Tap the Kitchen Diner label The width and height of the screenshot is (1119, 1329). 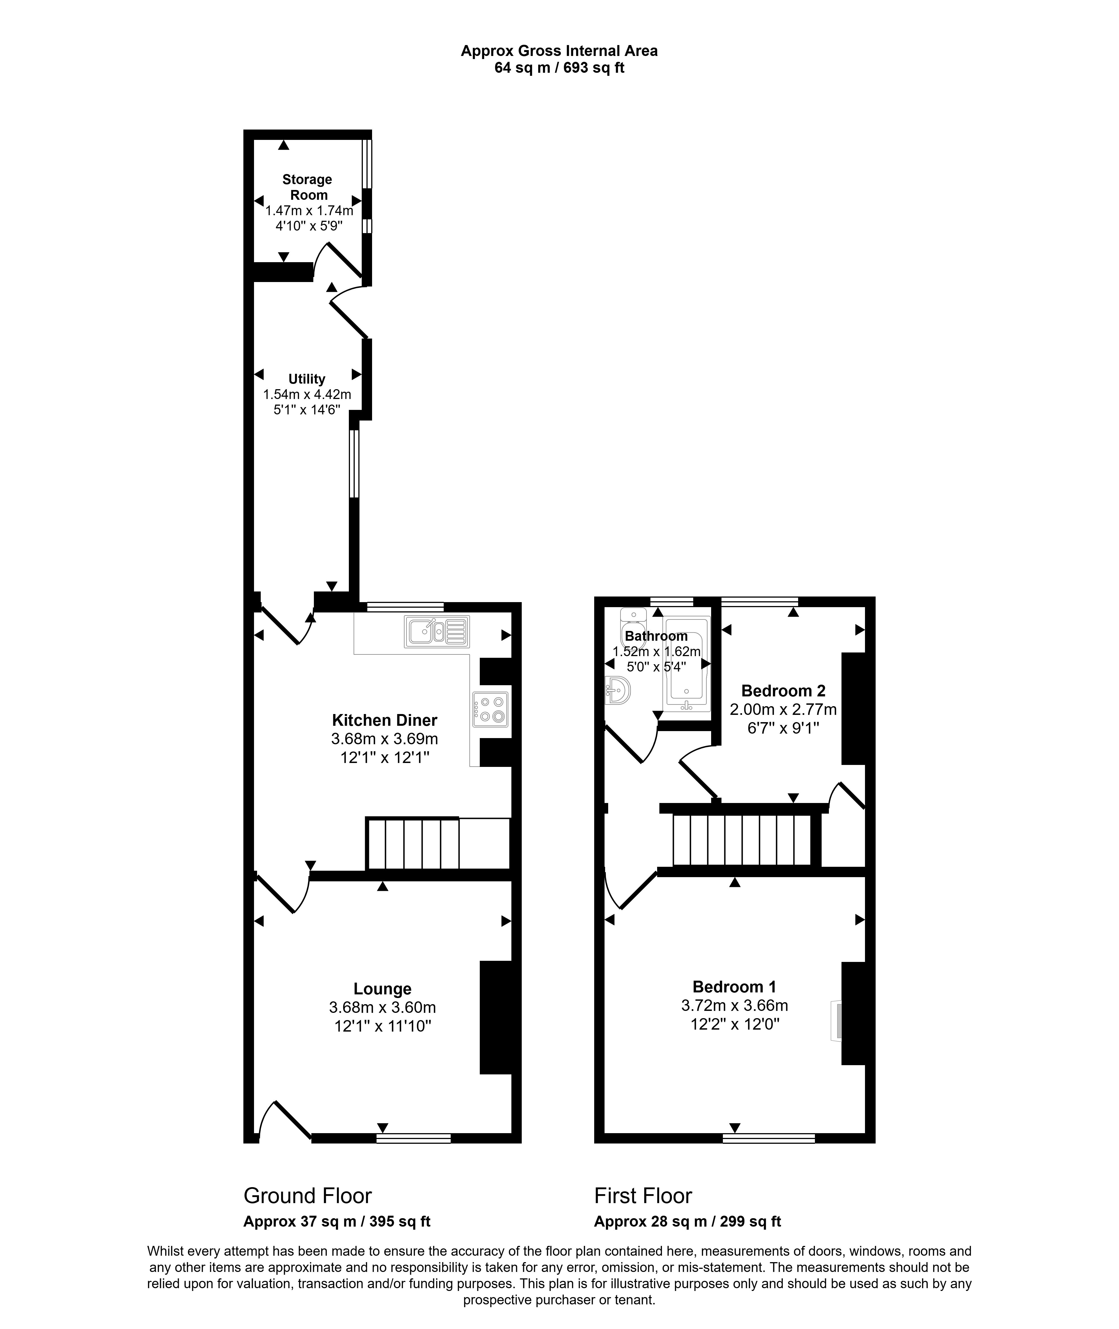pyautogui.click(x=384, y=720)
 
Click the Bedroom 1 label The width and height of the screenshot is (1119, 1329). pyautogui.click(x=734, y=987)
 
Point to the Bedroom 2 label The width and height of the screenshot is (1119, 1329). pyautogui.click(x=783, y=690)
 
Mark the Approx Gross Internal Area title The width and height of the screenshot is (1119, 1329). pyautogui.click(x=559, y=51)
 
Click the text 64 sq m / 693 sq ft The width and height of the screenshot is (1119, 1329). pyautogui.click(x=559, y=68)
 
